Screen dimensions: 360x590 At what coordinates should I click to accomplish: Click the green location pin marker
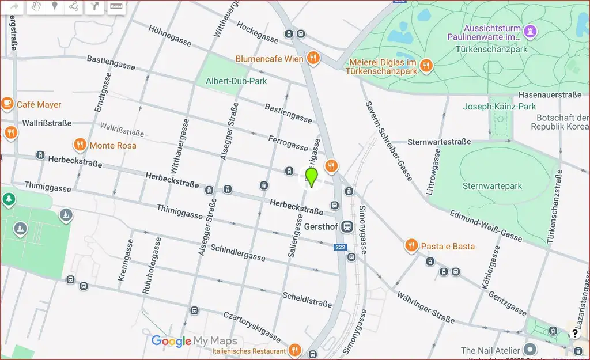click(312, 177)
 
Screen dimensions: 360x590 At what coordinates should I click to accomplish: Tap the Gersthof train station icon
click(347, 226)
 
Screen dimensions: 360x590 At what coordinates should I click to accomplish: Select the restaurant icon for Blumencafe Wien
click(313, 58)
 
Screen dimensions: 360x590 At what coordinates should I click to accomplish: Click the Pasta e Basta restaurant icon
click(411, 246)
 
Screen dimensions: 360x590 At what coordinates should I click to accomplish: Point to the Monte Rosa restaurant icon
click(80, 145)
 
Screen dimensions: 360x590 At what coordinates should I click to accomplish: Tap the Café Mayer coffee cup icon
click(7, 104)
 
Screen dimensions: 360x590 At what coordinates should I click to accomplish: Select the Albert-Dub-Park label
click(236, 81)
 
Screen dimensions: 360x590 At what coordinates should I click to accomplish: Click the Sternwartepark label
click(492, 186)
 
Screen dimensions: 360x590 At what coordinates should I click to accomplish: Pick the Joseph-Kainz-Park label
click(500, 107)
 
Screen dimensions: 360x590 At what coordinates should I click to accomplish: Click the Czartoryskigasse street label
click(252, 327)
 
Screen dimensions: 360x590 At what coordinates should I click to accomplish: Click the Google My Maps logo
click(194, 341)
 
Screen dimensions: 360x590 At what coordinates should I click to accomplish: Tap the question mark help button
click(574, 333)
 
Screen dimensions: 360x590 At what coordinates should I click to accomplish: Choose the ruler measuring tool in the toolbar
click(117, 7)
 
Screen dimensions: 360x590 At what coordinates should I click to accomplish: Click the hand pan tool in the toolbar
click(36, 7)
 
